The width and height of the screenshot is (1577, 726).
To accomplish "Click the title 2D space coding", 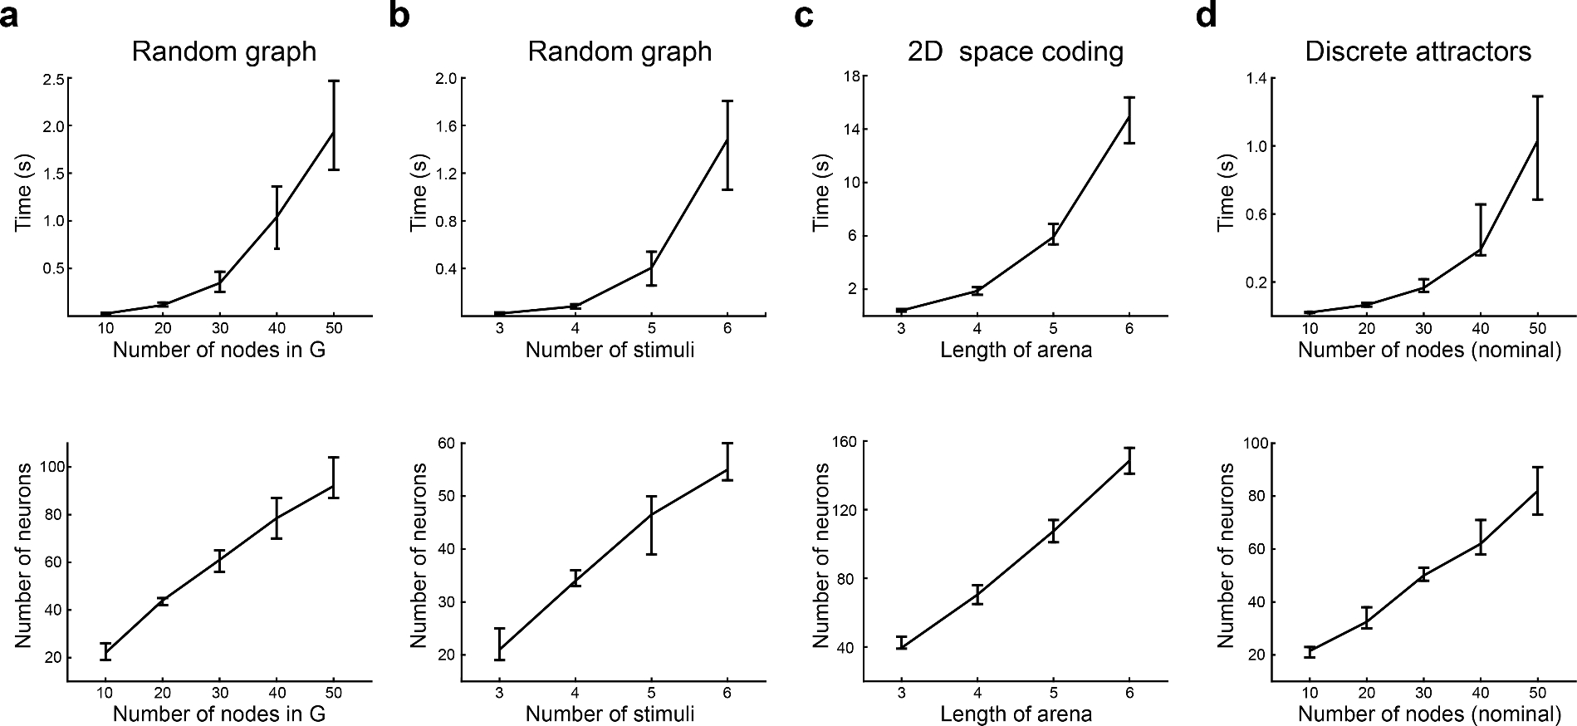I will [1015, 52].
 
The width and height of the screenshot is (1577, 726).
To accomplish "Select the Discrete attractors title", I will [1418, 52].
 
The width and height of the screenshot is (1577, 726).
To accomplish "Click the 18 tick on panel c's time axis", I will [850, 76].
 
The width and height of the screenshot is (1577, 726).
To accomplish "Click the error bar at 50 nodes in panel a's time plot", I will [333, 125].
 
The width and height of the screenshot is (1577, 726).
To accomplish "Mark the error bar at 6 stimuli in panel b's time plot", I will [727, 145].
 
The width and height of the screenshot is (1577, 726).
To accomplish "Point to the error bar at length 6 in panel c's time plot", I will [1129, 120].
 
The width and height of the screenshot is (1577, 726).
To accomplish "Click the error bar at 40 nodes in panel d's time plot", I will [1480, 229].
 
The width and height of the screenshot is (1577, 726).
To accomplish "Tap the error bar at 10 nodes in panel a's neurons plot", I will [105, 651].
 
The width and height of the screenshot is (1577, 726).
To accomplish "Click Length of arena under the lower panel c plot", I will [1016, 714].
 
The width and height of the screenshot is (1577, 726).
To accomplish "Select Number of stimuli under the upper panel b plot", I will [610, 350].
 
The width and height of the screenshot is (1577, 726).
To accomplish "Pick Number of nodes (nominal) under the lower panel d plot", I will [1429, 714].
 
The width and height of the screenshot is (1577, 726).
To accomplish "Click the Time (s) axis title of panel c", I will [822, 197].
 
